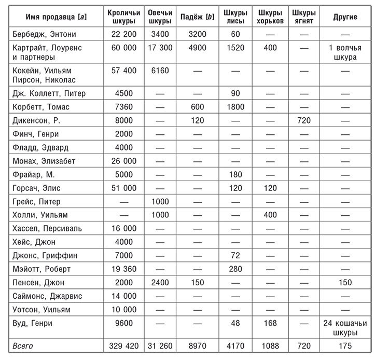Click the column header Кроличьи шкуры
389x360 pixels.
click(123, 17)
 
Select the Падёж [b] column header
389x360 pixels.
click(195, 17)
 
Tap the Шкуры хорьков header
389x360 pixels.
click(270, 17)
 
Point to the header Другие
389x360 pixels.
click(345, 17)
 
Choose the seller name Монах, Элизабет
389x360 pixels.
click(43, 161)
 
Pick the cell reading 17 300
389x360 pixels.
click(160, 48)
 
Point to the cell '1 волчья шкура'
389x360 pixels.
click(345, 52)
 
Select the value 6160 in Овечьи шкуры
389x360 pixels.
click(160, 70)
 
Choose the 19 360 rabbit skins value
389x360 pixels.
click(123, 269)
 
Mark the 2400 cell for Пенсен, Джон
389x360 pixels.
click(160, 282)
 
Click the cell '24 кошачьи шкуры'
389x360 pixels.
click(345, 327)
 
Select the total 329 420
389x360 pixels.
click(123, 346)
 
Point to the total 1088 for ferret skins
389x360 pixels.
click(270, 346)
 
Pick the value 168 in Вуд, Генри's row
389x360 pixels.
click(270, 323)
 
